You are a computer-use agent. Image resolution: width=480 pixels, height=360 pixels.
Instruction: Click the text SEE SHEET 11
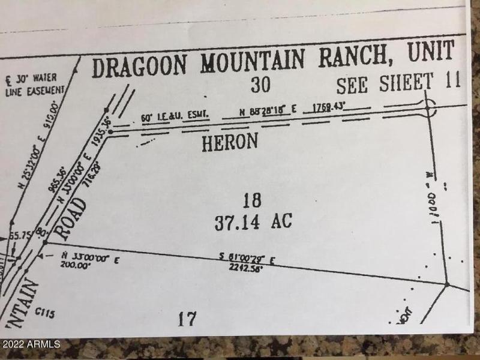click(398, 84)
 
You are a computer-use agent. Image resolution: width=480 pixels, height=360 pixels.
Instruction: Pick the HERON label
click(230, 142)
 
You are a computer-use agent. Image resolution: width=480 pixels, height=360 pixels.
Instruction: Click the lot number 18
click(252, 200)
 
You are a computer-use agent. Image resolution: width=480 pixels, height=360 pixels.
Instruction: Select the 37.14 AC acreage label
click(253, 222)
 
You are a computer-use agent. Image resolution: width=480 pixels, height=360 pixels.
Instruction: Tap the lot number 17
click(187, 318)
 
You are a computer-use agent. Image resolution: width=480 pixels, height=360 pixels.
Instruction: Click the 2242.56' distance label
click(246, 268)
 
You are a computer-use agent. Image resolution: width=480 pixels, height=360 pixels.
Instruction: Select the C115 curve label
click(45, 312)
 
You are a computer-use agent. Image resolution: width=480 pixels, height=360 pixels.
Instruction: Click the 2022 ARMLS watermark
click(31, 344)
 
